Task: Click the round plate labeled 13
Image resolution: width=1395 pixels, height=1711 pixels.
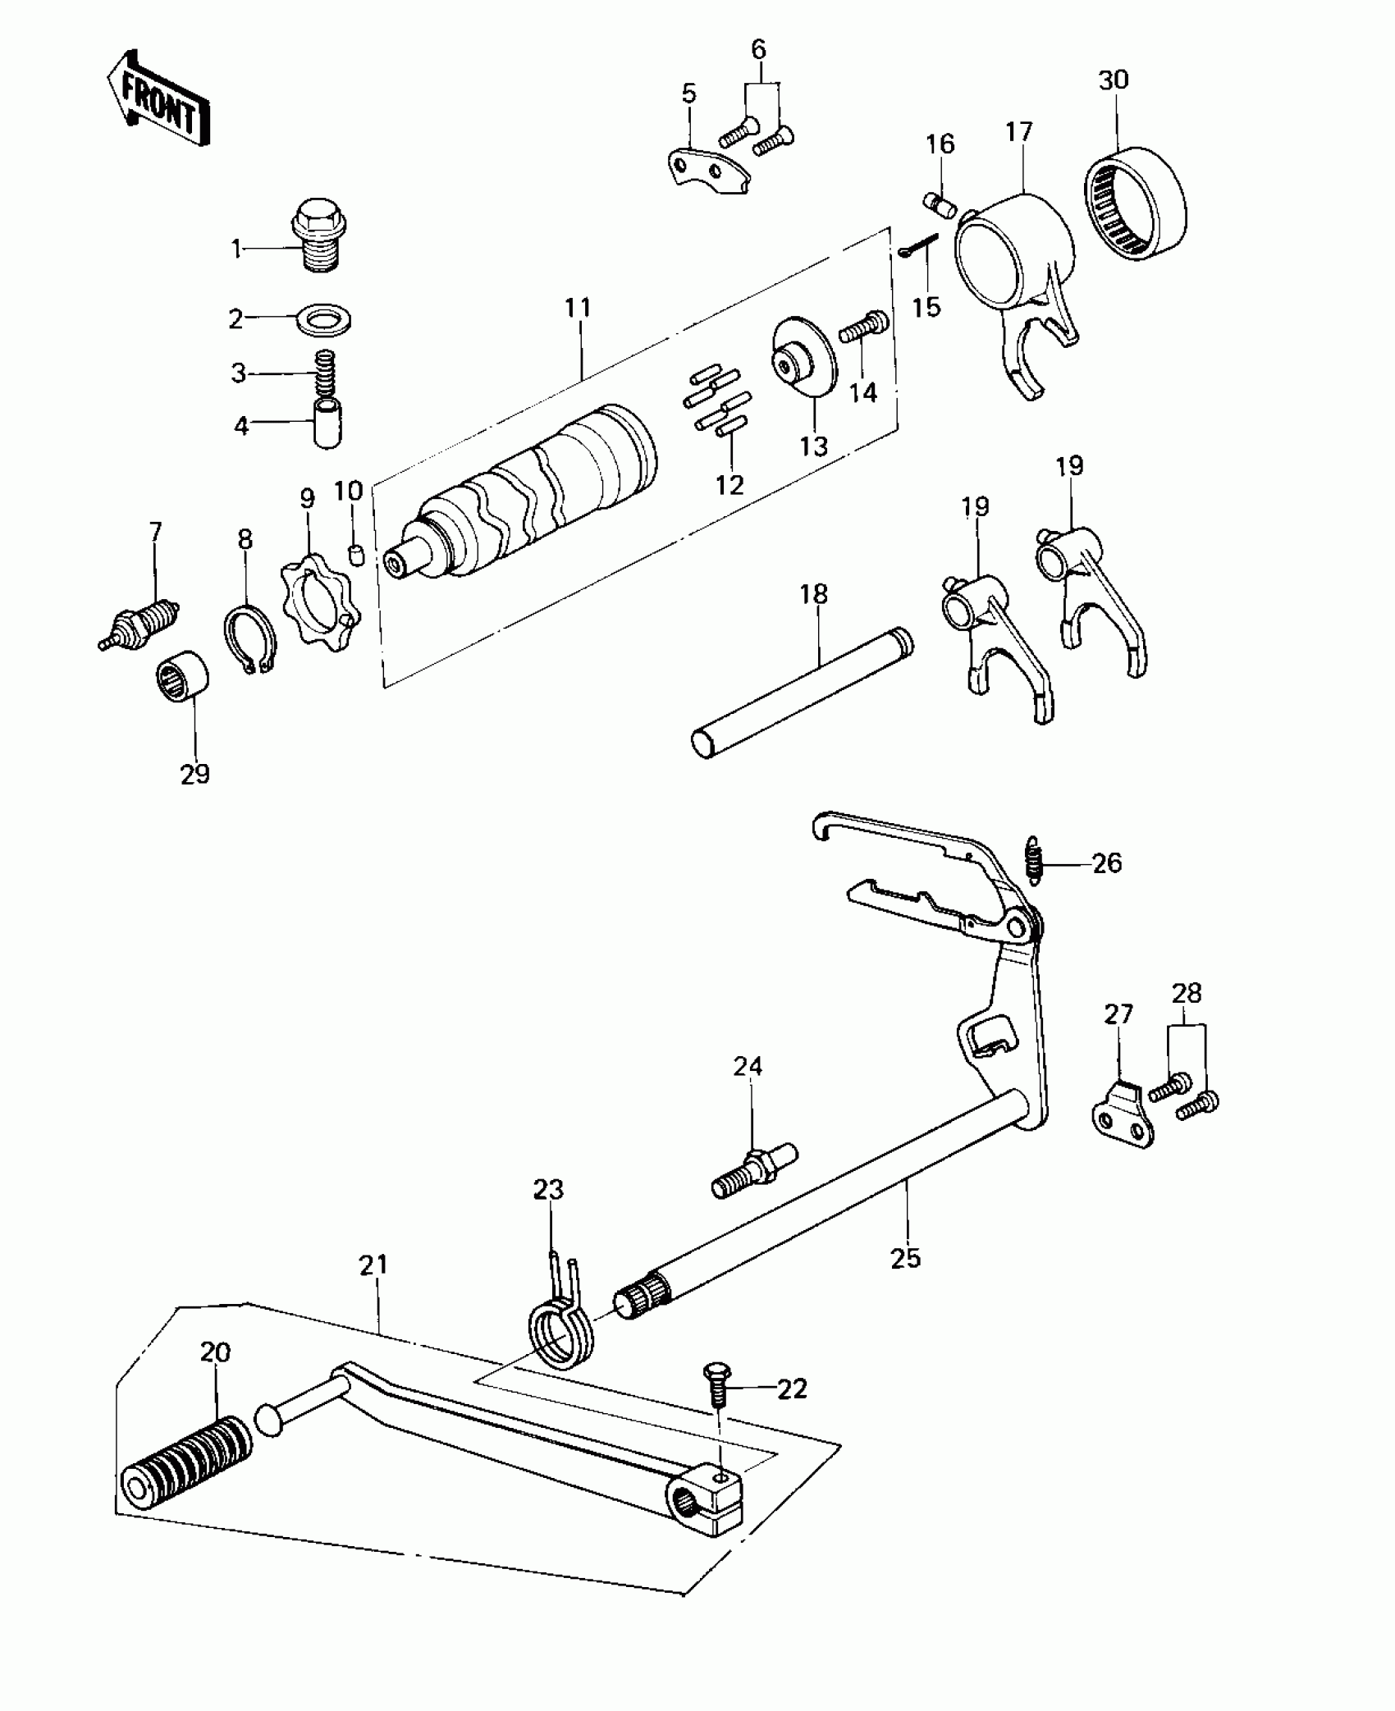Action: (803, 357)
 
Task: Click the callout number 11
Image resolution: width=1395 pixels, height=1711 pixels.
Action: (578, 309)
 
